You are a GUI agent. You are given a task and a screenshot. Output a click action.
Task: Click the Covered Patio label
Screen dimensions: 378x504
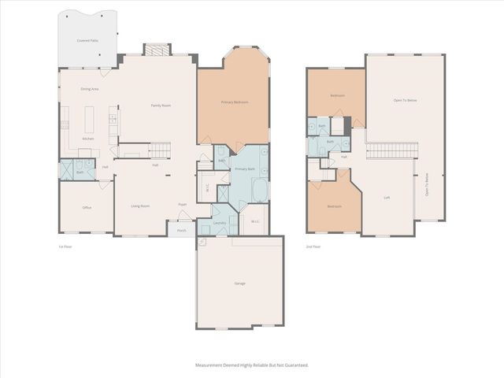point(87,39)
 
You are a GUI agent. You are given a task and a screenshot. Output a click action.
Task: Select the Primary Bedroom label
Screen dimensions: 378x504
point(235,102)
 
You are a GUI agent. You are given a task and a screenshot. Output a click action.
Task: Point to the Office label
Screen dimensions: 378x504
point(87,208)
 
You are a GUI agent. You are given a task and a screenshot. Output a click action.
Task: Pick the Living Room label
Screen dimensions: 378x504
point(140,206)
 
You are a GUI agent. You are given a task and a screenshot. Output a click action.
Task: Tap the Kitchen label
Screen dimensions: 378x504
point(88,139)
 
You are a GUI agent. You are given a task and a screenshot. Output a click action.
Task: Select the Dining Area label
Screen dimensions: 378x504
point(89,89)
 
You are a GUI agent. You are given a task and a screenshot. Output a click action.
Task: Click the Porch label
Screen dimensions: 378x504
point(181,231)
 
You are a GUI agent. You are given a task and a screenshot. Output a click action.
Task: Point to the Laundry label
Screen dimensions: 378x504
point(220,223)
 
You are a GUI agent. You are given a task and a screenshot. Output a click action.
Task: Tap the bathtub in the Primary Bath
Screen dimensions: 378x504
point(258,190)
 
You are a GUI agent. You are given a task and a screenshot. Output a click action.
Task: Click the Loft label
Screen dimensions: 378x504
point(387,198)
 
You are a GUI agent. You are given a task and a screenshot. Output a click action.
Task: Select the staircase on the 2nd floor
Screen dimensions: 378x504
point(391,150)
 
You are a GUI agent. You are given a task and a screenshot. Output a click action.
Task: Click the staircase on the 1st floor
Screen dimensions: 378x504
point(159,149)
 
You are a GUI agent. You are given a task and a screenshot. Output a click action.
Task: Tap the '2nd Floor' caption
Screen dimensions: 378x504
point(313,246)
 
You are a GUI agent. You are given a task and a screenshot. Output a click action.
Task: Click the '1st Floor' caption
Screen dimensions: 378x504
point(65,246)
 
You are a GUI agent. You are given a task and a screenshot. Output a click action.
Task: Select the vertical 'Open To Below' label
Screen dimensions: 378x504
point(427,184)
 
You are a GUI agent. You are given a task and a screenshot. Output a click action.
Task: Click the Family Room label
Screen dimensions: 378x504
point(161,105)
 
